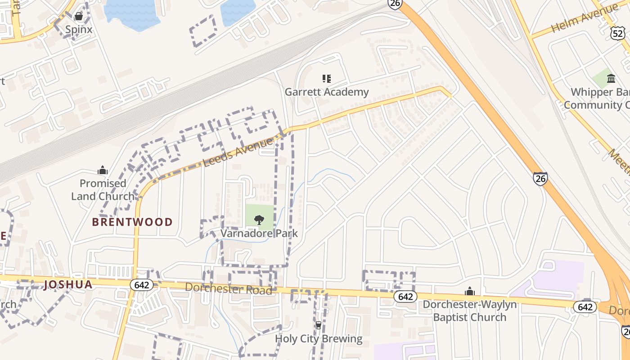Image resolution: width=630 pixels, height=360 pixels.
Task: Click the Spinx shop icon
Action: (x=79, y=17)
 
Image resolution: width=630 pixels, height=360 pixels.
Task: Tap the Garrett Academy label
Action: (x=327, y=92)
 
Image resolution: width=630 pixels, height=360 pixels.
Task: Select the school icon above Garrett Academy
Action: (x=327, y=79)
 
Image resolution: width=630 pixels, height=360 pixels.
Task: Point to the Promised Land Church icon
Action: (x=103, y=170)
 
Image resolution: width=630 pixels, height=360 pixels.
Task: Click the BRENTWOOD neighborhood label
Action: (x=132, y=222)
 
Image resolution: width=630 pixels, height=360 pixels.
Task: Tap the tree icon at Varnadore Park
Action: (x=259, y=220)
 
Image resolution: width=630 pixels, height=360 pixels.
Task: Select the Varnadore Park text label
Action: (x=259, y=234)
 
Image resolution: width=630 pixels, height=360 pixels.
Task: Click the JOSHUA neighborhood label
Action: (x=68, y=284)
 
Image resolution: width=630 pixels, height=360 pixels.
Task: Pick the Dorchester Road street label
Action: (x=229, y=288)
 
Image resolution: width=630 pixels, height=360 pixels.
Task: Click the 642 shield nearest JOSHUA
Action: (x=141, y=285)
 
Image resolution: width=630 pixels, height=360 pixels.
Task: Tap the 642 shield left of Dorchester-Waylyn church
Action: (x=405, y=297)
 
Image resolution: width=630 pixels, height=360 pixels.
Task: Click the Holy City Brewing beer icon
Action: (x=319, y=325)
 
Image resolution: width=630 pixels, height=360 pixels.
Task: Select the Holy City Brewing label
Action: (x=319, y=339)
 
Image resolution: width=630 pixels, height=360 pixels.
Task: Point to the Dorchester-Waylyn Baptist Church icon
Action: (x=470, y=292)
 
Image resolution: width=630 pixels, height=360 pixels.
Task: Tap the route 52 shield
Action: (x=618, y=32)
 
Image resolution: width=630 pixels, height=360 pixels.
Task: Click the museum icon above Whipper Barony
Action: (x=611, y=79)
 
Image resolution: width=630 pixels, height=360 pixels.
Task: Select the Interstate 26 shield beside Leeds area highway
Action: (x=540, y=179)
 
